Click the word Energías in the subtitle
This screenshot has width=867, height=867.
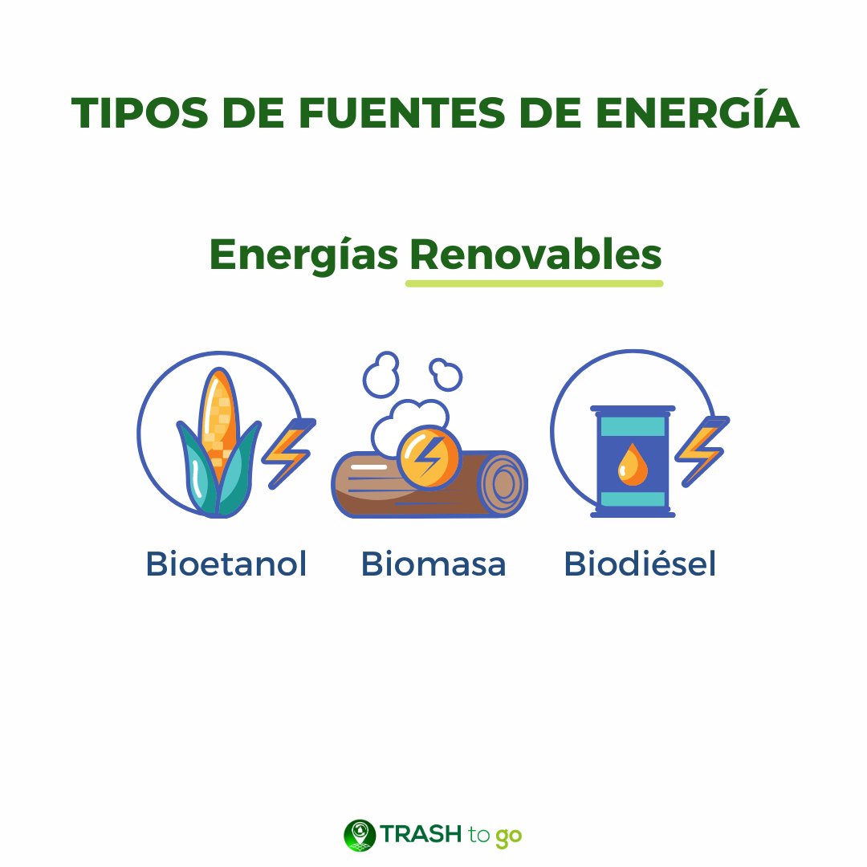(303, 255)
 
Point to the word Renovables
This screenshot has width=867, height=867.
(535, 255)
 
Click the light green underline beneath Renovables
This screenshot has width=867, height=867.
(534, 283)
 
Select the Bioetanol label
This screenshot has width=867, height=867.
(226, 564)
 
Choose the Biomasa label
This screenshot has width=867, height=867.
(433, 564)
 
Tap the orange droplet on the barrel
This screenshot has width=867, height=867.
(633, 465)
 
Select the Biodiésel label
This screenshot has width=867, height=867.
(640, 564)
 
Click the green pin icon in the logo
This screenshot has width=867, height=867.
(359, 835)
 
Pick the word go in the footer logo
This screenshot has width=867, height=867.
(509, 836)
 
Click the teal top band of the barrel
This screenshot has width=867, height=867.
(633, 426)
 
